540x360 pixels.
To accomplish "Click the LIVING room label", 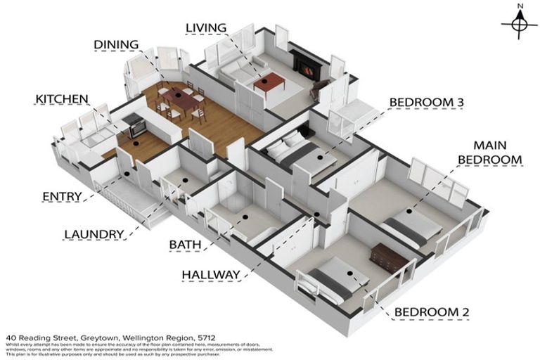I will (x=205, y=28).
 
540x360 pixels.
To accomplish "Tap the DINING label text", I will (x=117, y=45).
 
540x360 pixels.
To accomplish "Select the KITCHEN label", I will (x=62, y=99).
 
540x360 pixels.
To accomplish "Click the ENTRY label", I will (x=62, y=196).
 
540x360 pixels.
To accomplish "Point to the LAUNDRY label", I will (x=94, y=233).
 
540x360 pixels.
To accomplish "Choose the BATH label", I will (x=185, y=245).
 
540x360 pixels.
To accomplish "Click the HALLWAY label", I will (x=212, y=274).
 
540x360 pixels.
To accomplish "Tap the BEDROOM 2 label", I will (x=432, y=312).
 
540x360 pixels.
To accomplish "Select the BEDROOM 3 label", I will (x=426, y=103).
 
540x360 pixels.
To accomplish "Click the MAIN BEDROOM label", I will (x=490, y=153).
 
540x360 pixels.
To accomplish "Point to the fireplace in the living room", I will (x=306, y=68).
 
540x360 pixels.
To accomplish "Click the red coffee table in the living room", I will (x=269, y=84).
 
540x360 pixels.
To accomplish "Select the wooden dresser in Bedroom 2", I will (x=389, y=258).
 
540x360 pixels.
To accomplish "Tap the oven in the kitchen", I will (x=136, y=127).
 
